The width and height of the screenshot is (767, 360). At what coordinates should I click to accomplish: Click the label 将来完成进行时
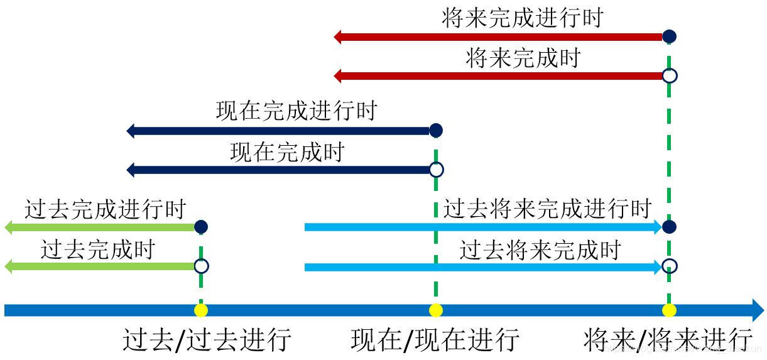[x=522, y=18]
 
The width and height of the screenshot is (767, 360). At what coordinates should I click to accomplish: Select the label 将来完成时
[x=523, y=58]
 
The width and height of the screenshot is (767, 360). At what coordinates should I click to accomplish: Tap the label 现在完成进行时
[x=296, y=111]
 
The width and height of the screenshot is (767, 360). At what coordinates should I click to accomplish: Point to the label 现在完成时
[x=287, y=152]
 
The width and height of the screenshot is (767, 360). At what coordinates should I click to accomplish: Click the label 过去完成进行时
[x=106, y=209]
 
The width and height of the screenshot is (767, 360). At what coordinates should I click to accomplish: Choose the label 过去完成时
[x=97, y=249]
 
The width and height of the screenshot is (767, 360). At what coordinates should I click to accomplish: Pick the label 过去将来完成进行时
[x=547, y=208]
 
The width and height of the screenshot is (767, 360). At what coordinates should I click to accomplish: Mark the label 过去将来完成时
[x=540, y=250]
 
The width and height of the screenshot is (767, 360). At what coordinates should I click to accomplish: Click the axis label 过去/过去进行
[x=207, y=339]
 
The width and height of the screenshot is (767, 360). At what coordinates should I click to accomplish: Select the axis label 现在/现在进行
[x=435, y=339]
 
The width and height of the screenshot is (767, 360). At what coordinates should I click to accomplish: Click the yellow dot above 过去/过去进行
[x=201, y=310]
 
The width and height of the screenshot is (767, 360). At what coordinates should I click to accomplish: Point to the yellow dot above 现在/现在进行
[x=435, y=310]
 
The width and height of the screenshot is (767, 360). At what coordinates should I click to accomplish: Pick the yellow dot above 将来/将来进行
[x=670, y=310]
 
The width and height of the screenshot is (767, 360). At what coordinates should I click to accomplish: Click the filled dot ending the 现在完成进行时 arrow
[x=436, y=131]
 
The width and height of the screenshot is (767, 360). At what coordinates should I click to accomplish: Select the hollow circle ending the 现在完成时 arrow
[x=436, y=170]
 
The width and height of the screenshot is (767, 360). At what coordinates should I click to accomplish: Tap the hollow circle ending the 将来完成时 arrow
[x=670, y=76]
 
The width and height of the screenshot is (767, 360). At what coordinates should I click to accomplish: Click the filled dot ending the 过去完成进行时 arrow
[x=201, y=227]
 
